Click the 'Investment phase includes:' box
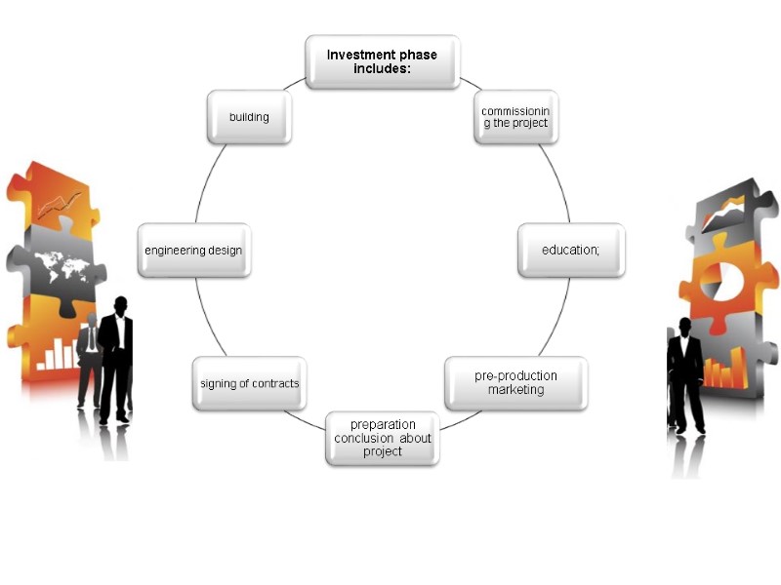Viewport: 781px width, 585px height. tap(382, 61)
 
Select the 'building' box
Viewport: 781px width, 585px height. tap(249, 117)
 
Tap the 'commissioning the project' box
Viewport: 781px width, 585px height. tap(515, 117)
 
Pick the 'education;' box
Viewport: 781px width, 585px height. tap(570, 251)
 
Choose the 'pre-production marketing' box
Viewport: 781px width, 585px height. tap(515, 382)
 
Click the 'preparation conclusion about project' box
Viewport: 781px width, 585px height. tap(382, 438)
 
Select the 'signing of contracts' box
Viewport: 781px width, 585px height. tap(249, 383)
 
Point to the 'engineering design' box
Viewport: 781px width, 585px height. tap(193, 251)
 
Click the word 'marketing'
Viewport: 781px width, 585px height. tap(515, 390)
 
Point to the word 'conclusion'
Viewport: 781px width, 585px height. tap(365, 438)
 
